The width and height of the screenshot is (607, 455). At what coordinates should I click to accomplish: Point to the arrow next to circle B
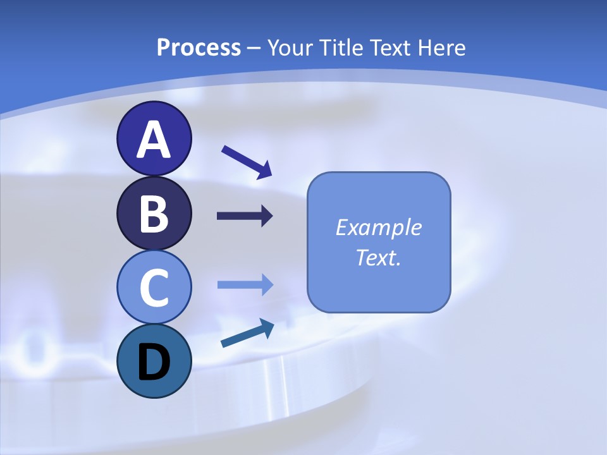(x=245, y=216)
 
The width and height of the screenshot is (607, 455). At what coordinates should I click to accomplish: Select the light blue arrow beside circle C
(x=245, y=285)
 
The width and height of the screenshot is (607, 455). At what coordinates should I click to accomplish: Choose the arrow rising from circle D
(x=247, y=333)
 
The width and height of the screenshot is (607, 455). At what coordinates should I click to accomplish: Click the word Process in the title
(x=199, y=48)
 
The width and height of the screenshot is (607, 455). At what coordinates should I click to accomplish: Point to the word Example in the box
(x=378, y=227)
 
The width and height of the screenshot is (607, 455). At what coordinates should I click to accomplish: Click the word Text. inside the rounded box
(x=378, y=258)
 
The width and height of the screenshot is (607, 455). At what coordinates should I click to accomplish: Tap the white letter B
(x=154, y=214)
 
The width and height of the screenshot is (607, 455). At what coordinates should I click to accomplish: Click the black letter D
(x=154, y=362)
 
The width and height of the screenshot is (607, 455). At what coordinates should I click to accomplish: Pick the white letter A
(x=154, y=139)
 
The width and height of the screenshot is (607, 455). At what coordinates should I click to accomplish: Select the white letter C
(x=154, y=288)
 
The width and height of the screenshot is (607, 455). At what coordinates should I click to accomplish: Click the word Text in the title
(x=389, y=47)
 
